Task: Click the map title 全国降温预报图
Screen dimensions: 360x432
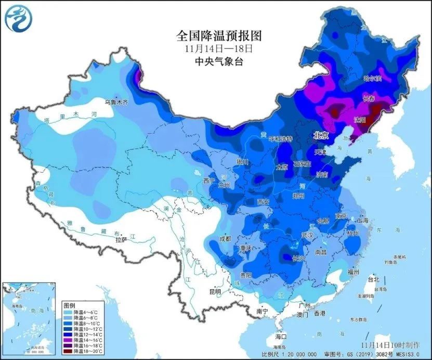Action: click(x=218, y=35)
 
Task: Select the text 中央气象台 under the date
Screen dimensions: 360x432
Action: click(x=218, y=61)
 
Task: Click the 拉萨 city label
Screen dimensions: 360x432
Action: click(x=121, y=240)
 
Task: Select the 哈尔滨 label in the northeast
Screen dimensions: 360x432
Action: click(x=372, y=79)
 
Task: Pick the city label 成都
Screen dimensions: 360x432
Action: click(x=225, y=239)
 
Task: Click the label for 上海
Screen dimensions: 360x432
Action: click(x=362, y=221)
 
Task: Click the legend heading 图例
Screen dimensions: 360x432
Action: click(x=69, y=303)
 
